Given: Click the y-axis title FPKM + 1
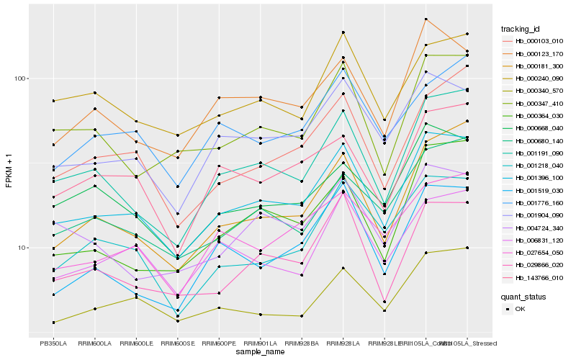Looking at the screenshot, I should (9, 171).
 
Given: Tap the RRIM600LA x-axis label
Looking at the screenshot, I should (94, 343).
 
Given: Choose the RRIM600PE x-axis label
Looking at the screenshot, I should (219, 343).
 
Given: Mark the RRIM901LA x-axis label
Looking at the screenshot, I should (260, 343).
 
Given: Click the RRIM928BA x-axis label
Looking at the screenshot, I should (302, 343).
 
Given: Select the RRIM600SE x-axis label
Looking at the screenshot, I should (177, 343).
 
